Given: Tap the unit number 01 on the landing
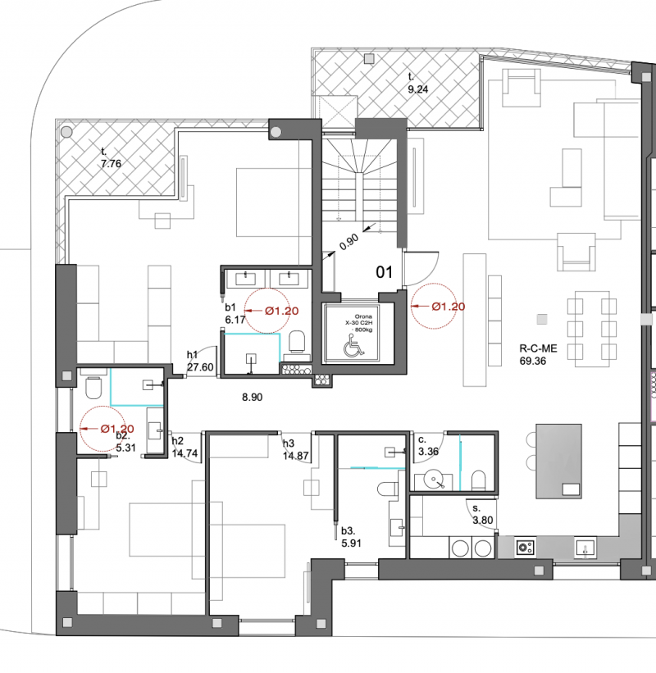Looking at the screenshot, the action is [x=384, y=272].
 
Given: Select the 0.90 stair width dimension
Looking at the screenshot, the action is [x=349, y=242].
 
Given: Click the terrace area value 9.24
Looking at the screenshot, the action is [x=417, y=89].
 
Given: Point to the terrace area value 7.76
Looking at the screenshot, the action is [x=111, y=163].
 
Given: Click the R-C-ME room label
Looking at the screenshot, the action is [x=538, y=348].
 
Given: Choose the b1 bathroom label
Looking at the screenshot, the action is [x=230, y=307].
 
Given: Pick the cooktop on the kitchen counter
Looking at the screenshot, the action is [x=525, y=548].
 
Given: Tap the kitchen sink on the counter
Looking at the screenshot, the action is [x=585, y=548].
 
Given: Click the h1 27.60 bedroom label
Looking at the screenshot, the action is [x=200, y=361].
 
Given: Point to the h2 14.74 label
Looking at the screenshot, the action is [x=184, y=447].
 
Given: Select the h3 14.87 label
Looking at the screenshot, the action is [x=295, y=449].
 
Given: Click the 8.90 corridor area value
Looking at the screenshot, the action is [x=252, y=397].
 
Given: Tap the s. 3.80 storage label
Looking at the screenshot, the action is [x=482, y=514].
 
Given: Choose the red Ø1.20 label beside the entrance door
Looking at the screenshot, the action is [x=449, y=307].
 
